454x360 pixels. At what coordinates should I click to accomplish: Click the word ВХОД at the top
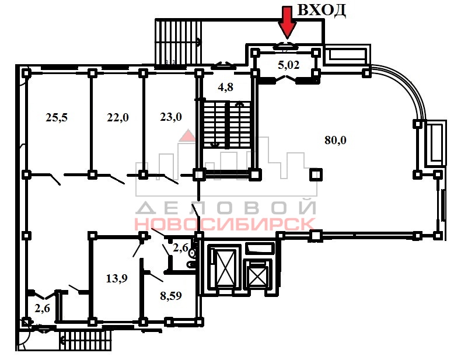click(x=322, y=10)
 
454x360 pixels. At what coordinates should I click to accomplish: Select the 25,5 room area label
click(x=57, y=117)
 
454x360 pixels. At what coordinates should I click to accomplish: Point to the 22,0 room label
click(x=117, y=117)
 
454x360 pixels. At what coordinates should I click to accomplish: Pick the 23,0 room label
click(x=170, y=116)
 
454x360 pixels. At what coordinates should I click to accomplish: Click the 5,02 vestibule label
click(x=289, y=65)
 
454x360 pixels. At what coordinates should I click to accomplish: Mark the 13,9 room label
click(x=117, y=278)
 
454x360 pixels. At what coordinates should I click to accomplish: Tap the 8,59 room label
click(x=170, y=295)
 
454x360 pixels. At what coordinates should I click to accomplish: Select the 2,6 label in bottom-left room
click(x=42, y=309)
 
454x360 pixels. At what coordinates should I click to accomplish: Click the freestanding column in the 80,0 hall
click(x=316, y=174)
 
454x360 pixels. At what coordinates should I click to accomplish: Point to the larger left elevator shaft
click(x=225, y=267)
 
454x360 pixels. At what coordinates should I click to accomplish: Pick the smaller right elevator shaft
click(x=256, y=274)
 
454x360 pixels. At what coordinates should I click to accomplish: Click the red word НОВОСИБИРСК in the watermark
click(x=225, y=223)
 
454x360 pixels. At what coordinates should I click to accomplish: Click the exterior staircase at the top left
click(x=177, y=41)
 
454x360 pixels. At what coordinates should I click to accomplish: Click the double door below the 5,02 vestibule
click(x=287, y=81)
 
